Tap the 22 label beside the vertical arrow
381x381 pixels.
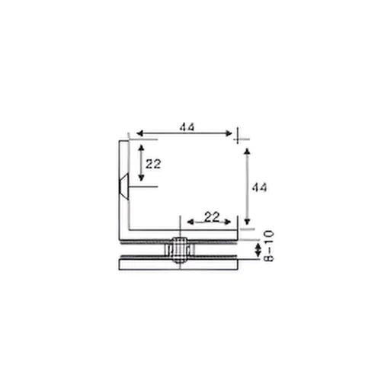[153, 163]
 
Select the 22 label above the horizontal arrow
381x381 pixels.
[213, 216]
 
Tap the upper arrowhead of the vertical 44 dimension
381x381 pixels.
[246, 152]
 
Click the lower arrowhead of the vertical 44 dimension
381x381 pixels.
[246, 218]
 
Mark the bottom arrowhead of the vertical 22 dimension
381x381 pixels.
[140, 181]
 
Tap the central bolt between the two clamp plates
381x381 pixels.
[177, 251]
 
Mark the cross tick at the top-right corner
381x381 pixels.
[239, 135]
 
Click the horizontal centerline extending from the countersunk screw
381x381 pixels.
[145, 187]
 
